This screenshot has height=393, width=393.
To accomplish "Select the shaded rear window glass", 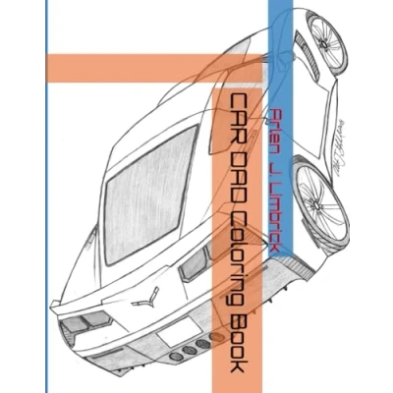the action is [149, 195].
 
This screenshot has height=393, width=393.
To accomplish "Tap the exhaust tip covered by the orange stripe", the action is [215, 336].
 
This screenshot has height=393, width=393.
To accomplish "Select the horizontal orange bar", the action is [154, 68].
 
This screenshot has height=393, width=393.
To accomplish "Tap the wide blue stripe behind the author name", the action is [280, 128].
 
